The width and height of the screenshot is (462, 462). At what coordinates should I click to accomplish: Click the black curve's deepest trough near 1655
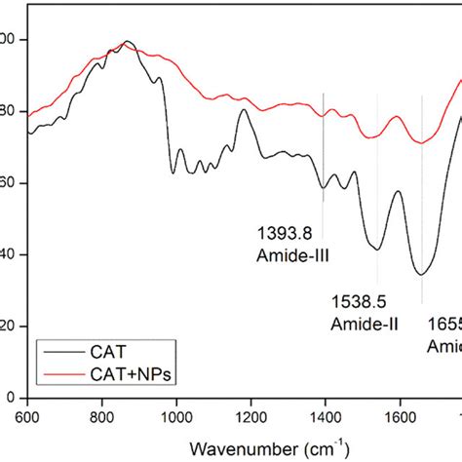pos(420,275)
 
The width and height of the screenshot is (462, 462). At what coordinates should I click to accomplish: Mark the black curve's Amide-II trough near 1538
pos(376,249)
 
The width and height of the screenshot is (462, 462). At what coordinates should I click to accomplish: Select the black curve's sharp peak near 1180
pos(244,110)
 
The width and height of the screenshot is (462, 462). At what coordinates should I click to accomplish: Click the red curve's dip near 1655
pos(420,143)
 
